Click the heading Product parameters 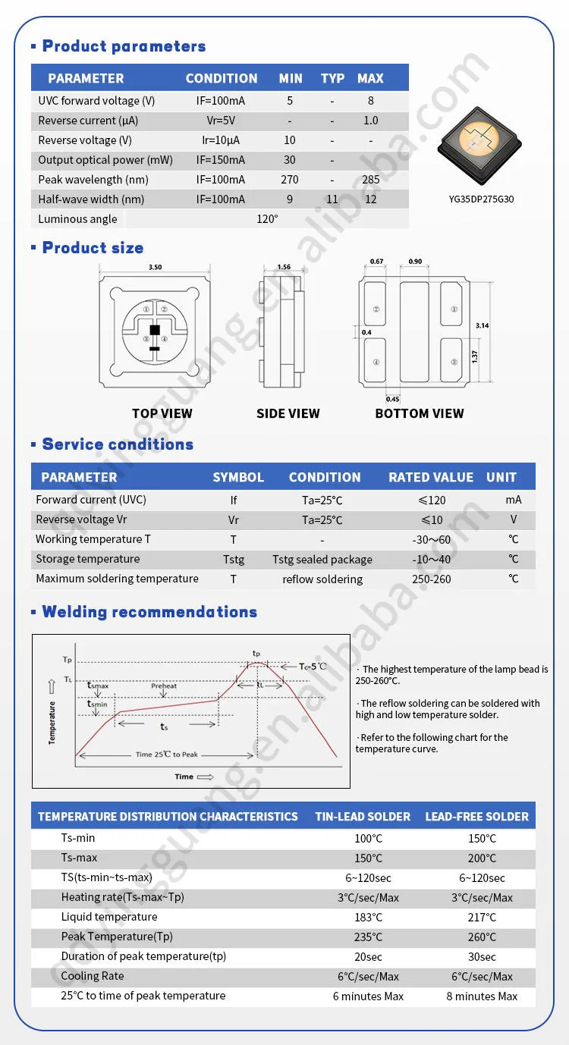point(124,46)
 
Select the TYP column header point(332,78)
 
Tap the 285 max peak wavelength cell point(370,180)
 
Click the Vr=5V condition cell point(221,121)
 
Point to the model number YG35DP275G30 point(482,199)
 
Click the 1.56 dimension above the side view point(283,267)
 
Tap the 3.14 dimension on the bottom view point(482,325)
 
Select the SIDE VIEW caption point(288,413)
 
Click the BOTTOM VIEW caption point(419,413)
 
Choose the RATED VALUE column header point(431,477)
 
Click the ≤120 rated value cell point(432,500)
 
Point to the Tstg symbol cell point(234,560)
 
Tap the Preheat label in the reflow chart point(164,686)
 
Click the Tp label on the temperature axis point(67,660)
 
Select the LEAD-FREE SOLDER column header point(476,817)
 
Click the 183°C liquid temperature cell point(368,918)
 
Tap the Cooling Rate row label point(93,976)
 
